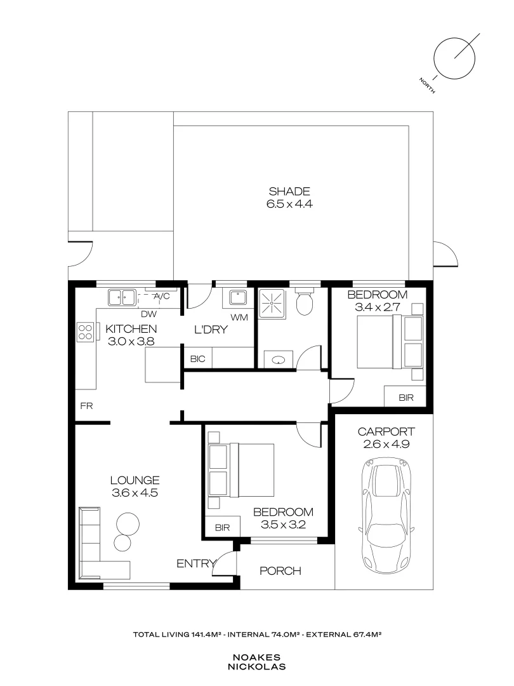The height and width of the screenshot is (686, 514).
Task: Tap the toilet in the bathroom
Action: pyautogui.click(x=305, y=304)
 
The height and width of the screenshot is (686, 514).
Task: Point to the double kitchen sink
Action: pyautogui.click(x=122, y=297)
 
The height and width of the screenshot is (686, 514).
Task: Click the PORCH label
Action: pyautogui.click(x=280, y=571)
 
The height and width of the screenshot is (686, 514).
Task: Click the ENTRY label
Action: pyautogui.click(x=194, y=563)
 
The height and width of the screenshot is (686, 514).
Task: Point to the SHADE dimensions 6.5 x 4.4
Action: pyautogui.click(x=289, y=204)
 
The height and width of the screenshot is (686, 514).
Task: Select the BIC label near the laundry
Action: pyautogui.click(x=197, y=359)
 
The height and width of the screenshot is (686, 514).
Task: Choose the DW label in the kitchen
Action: pyautogui.click(x=148, y=314)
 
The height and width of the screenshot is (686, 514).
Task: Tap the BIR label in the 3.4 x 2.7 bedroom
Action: pyautogui.click(x=405, y=398)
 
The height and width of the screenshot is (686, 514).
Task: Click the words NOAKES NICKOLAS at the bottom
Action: pyautogui.click(x=257, y=662)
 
